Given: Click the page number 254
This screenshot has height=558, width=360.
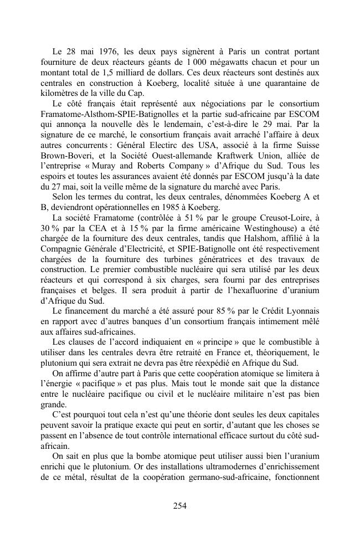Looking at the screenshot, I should [x=179, y=505].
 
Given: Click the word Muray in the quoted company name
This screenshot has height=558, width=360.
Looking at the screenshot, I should [x=103, y=167].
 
